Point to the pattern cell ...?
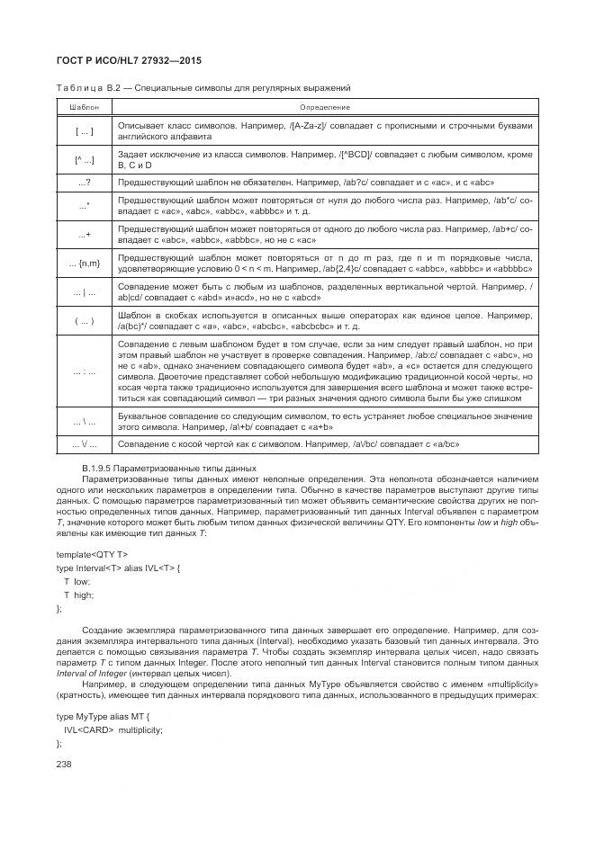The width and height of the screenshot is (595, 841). pos(84,183)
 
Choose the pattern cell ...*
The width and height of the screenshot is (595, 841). pos(84,206)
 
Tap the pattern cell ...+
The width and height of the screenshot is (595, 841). pos(84,235)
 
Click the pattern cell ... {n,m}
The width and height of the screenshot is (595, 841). pos(84,263)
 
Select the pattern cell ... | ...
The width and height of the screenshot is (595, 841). pos(84,291)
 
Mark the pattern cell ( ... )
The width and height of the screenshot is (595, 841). pos(84,320)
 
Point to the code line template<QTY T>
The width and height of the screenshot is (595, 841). pos(92,554)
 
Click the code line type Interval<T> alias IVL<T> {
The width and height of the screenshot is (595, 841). pos(118,568)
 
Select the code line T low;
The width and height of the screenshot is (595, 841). pos(77,582)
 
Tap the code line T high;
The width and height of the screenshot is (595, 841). pos(77,595)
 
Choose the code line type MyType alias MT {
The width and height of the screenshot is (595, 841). pos(101,716)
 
